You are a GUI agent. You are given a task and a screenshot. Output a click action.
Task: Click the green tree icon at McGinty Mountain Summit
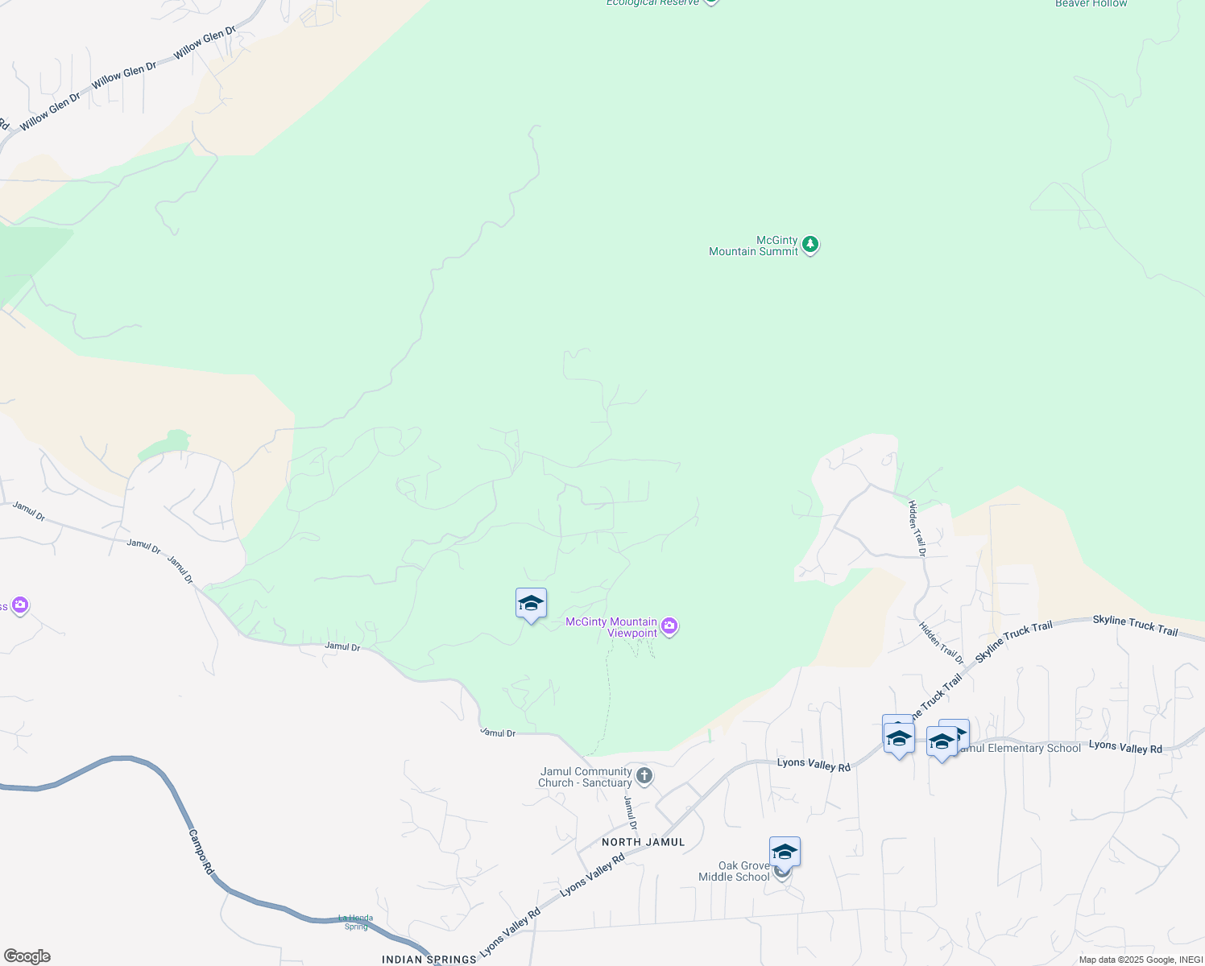point(810,245)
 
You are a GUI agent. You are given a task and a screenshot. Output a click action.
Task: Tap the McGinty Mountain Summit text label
point(753,246)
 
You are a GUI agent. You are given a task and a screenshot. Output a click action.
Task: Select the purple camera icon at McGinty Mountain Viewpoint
point(669,626)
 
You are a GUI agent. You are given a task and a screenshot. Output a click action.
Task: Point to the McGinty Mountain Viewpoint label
point(611,627)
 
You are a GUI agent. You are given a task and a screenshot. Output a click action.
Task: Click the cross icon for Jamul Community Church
point(644,776)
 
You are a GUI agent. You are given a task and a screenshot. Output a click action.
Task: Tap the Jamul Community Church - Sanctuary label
point(586,777)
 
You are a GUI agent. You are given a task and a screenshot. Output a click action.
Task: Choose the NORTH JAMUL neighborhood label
point(643,842)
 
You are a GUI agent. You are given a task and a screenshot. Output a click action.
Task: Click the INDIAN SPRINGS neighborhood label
point(429,960)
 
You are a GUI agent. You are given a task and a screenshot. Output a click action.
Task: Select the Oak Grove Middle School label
point(734,872)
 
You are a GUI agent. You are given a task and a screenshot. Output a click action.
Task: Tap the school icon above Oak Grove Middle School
point(784,852)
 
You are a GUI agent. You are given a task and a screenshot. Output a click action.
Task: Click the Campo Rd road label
point(201,852)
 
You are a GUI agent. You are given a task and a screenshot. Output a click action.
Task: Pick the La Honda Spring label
point(355,923)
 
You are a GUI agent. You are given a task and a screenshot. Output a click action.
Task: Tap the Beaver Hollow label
point(1091,4)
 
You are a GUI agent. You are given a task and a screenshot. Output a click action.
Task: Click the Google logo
point(27,956)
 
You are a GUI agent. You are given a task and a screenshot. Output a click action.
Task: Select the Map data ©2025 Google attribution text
point(1140,960)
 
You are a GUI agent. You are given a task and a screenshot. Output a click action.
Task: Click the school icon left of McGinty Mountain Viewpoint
point(531,604)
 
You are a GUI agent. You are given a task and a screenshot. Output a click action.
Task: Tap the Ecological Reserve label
point(652,3)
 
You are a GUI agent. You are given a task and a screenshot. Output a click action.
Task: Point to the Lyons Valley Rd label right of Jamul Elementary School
point(1125,747)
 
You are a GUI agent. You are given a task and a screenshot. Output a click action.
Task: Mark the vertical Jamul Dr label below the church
point(631,813)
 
